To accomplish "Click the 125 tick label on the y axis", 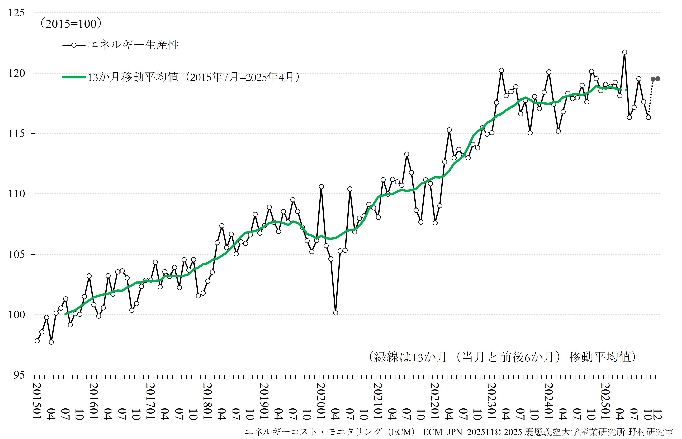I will tap(17, 13).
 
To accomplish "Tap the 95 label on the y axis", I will tap(19, 375).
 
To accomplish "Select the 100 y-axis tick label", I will tap(17, 315).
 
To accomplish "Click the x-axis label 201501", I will tap(37, 401).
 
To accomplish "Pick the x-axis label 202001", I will tap(321, 401).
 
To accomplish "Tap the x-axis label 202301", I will tap(491, 401).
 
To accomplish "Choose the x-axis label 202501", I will tap(605, 401).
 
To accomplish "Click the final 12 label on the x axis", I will tap(657, 415).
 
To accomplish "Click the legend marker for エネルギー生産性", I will tap(74, 45).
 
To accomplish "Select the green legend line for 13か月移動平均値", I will tap(74, 77).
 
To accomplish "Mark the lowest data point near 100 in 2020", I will tap(335, 313).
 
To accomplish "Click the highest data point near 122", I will tap(624, 52).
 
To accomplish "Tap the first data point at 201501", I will tap(37, 341).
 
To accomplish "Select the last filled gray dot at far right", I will tap(658, 79).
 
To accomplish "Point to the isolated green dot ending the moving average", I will tap(626, 90).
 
